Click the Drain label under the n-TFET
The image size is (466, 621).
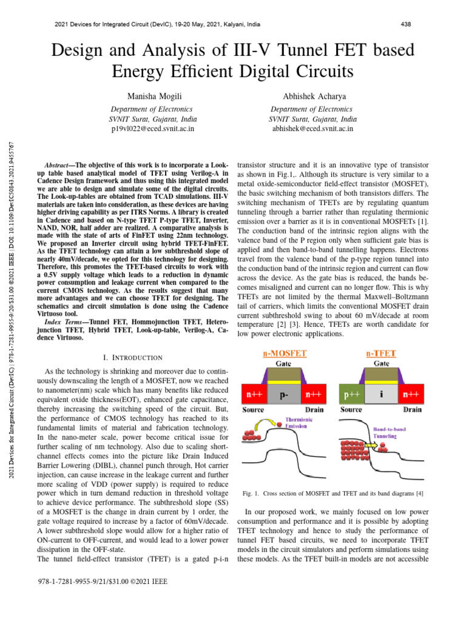[413, 409]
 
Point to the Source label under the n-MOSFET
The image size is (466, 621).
[253, 409]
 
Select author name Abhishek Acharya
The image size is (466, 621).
[312, 96]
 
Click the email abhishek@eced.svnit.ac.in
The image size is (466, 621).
[312, 129]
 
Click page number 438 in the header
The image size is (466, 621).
[407, 25]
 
